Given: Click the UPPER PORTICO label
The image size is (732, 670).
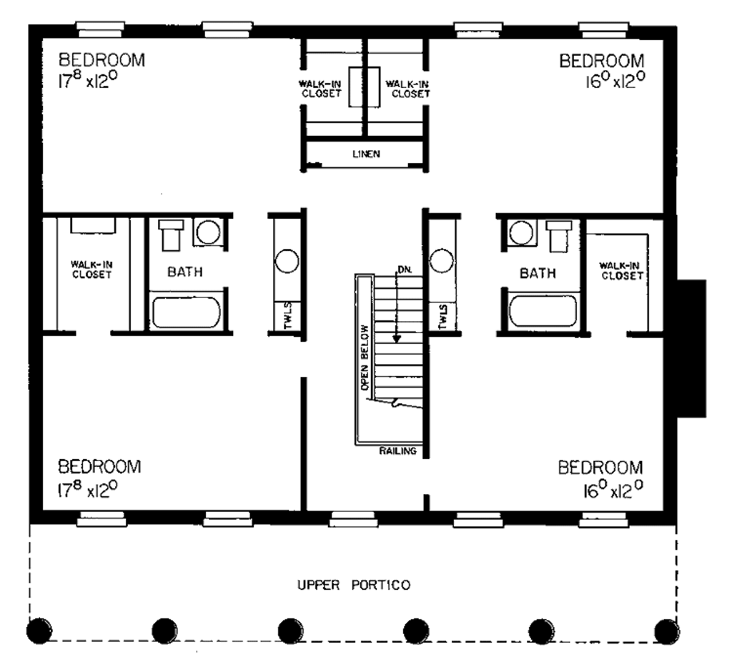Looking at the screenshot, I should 353,586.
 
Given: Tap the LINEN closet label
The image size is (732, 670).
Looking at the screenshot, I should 366,153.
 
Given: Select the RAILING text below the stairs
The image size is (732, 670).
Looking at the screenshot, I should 398,451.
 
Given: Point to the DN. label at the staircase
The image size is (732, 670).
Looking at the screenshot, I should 404,270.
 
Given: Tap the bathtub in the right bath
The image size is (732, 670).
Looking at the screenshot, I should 543,310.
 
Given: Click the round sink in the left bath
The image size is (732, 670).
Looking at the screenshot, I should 208,232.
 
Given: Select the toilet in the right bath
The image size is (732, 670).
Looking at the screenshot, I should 558,235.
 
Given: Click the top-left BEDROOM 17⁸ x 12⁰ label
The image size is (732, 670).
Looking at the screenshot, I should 101,69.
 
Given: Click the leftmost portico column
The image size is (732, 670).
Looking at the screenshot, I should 39,630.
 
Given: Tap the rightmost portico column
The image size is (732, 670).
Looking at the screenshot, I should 667,630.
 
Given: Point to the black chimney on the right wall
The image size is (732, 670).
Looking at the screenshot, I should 691,348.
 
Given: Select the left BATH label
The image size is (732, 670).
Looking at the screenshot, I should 185,272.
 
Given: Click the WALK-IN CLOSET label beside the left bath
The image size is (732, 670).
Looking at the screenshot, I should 91,270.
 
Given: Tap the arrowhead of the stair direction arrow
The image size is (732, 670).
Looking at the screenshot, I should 397,338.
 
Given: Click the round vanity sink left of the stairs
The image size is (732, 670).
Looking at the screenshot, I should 287,261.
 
